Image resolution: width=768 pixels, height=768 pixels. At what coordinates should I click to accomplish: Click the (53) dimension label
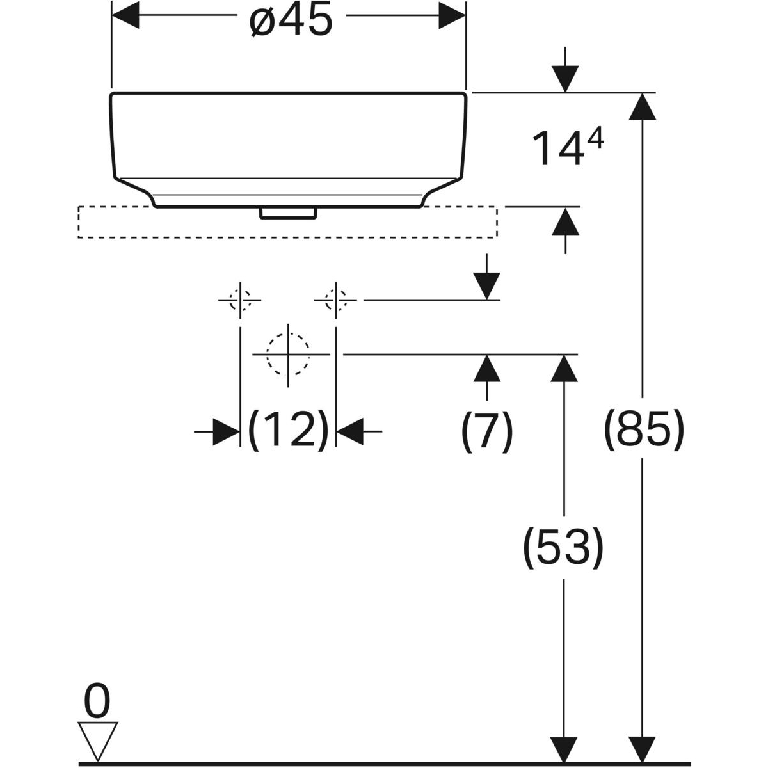563,548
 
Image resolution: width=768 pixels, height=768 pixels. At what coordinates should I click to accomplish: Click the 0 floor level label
97,702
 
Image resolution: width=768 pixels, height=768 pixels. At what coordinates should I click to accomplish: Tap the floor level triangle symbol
98,740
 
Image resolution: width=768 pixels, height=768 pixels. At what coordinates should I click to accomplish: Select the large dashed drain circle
288,354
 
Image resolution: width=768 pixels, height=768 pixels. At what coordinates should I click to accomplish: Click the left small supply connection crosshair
240,300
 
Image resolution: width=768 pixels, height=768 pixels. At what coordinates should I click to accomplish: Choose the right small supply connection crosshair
335,300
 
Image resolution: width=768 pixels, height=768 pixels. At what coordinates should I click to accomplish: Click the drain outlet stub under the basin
288,212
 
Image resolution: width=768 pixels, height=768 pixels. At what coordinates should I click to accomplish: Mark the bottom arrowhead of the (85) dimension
643,749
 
